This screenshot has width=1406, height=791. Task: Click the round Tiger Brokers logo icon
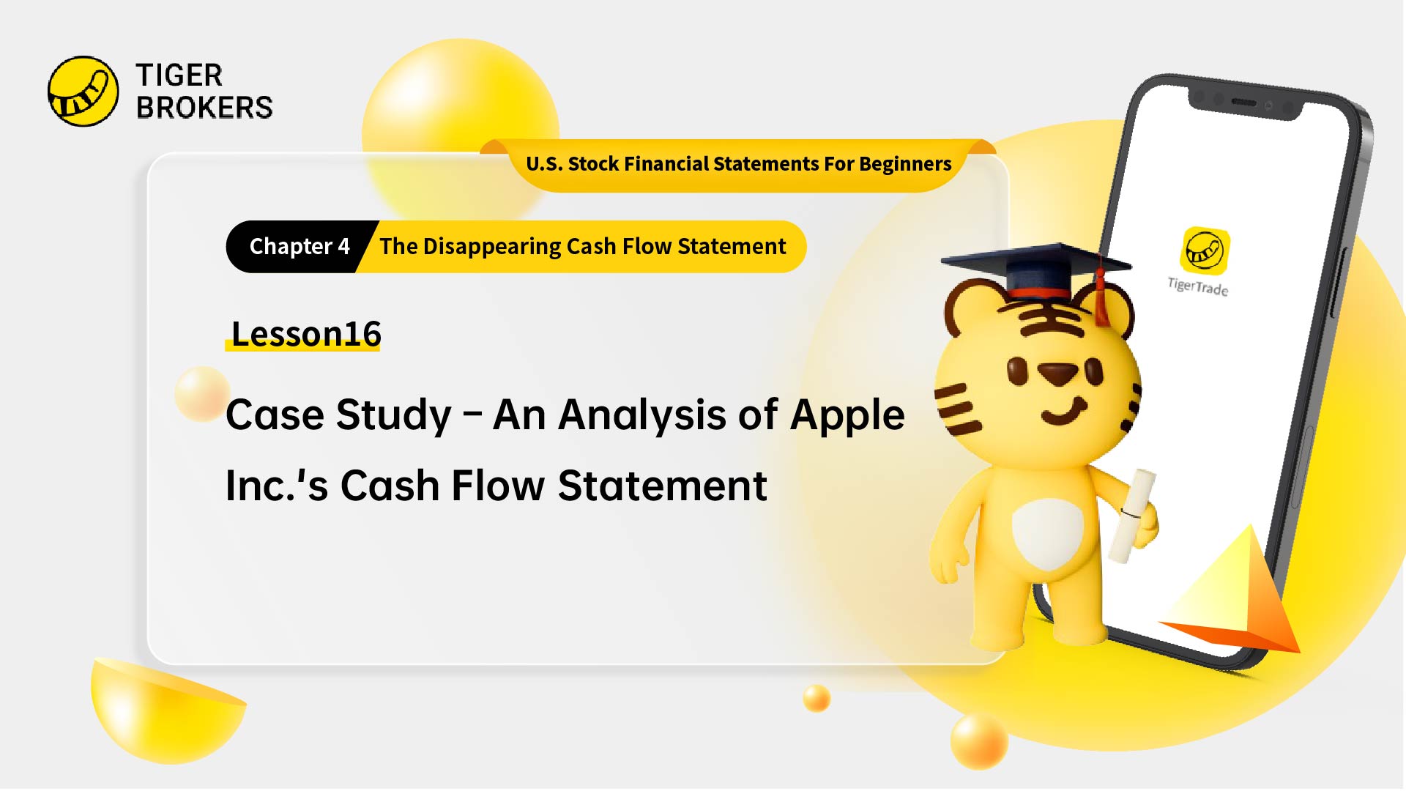[83, 92]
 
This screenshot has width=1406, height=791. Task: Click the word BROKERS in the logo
[204, 108]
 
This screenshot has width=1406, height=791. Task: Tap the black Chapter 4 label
[299, 247]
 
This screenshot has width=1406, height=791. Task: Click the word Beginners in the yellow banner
[905, 164]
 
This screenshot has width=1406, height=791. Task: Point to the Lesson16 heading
[305, 334]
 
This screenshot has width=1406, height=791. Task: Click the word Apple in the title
[847, 415]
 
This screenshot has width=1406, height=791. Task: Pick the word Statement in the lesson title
[662, 486]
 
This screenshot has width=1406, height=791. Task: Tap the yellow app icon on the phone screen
[1205, 250]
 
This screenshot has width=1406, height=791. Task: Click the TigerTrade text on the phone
[1198, 286]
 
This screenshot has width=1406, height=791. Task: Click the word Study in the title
[393, 415]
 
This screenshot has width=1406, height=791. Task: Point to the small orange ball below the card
[816, 698]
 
